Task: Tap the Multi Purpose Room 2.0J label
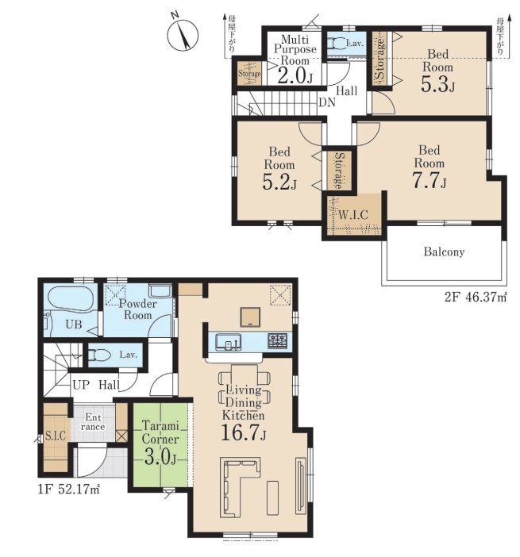point(295,59)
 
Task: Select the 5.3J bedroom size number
point(437,85)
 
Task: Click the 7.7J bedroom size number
point(429,180)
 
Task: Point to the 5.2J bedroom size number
point(279,182)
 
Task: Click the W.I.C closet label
point(352,215)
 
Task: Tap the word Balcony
point(444,252)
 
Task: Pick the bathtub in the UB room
point(71,298)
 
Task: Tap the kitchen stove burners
point(277,340)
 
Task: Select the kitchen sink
point(229,343)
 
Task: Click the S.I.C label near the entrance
point(56,436)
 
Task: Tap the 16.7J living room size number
point(244,432)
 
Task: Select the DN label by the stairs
point(326,102)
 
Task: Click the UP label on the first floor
point(81,385)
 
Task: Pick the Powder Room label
point(137,309)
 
